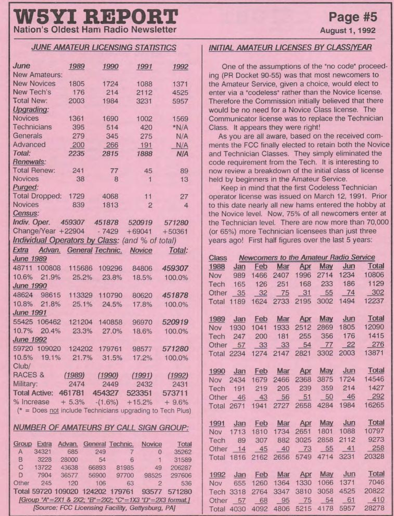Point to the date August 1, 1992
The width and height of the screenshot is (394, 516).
[348, 30]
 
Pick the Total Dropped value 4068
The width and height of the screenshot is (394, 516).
[111, 195]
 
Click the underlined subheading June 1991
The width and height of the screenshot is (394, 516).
[30, 313]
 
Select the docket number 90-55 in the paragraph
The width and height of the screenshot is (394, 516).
[271, 76]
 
